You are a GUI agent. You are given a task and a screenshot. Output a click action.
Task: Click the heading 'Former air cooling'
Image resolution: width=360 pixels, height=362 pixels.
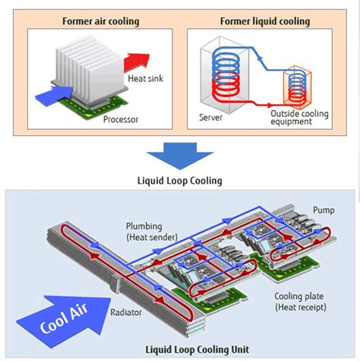point(100,20)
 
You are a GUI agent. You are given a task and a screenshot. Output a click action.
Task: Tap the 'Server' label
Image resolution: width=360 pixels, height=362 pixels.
point(210,118)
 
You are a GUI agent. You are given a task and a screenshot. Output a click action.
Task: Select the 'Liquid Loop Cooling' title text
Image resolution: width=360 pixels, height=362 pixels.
point(179,181)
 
